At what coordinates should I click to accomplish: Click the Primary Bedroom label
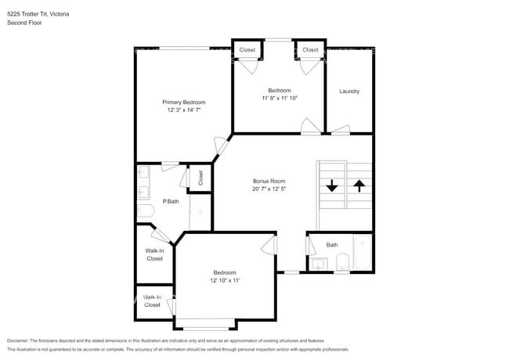pyautogui.click(x=184, y=103)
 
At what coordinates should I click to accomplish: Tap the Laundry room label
pyautogui.click(x=349, y=91)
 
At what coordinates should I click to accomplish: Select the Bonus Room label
pyautogui.click(x=269, y=181)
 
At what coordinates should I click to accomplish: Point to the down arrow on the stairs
pyautogui.click(x=332, y=185)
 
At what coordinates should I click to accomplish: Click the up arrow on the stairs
pyautogui.click(x=359, y=186)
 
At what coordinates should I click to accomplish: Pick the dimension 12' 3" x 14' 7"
pyautogui.click(x=184, y=110)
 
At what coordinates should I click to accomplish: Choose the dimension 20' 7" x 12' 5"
pyautogui.click(x=269, y=189)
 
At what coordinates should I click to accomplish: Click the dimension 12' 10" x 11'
pyautogui.click(x=225, y=280)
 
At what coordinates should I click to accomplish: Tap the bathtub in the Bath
pyautogui.click(x=363, y=253)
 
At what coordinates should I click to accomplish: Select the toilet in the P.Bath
pyautogui.click(x=146, y=211)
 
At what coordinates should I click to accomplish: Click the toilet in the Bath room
pyautogui.click(x=342, y=261)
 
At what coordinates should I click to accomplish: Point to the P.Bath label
pyautogui.click(x=171, y=201)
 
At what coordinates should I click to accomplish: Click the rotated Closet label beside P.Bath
pyautogui.click(x=200, y=178)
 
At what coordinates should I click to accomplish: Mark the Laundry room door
pyautogui.click(x=341, y=130)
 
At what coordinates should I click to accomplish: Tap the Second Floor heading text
pyautogui.click(x=24, y=23)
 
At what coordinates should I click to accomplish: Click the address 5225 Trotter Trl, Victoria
pyautogui.click(x=38, y=14)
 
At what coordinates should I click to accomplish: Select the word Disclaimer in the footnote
pyautogui.click(x=18, y=340)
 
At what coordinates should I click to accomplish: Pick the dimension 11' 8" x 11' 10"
pyautogui.click(x=280, y=98)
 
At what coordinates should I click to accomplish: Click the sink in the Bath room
pyautogui.click(x=318, y=264)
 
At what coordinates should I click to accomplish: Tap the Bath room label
pyautogui.click(x=332, y=245)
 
